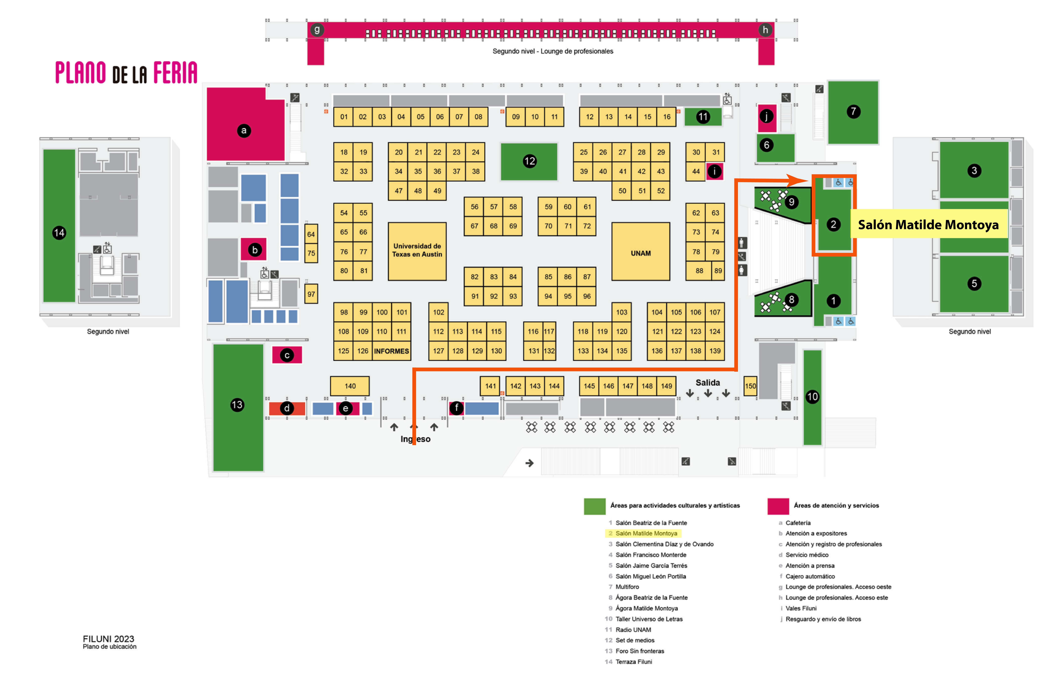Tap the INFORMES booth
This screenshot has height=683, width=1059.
391,351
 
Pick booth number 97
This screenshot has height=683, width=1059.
311,294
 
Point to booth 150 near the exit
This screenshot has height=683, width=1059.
750,386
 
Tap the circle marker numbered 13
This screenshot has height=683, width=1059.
237,404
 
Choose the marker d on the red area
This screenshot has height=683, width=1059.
287,408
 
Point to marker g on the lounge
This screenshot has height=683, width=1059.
317,30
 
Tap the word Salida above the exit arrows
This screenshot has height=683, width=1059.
707,382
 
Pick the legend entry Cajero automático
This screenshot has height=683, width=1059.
810,576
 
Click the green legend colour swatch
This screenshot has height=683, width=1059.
594,506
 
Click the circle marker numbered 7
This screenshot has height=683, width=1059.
853,111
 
